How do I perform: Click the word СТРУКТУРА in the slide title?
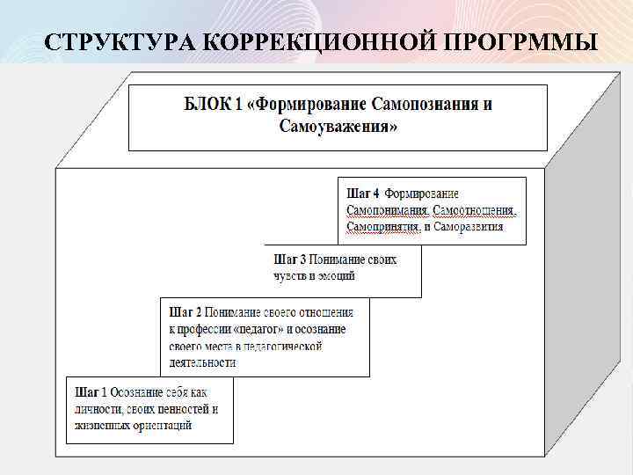[114, 41]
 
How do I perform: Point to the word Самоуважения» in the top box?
[338, 127]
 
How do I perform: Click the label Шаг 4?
[363, 194]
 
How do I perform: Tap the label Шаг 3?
[290, 260]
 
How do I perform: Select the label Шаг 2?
[186, 311]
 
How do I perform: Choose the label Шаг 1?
[91, 392]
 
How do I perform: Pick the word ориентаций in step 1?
[162, 426]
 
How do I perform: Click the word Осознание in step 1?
[142, 392]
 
